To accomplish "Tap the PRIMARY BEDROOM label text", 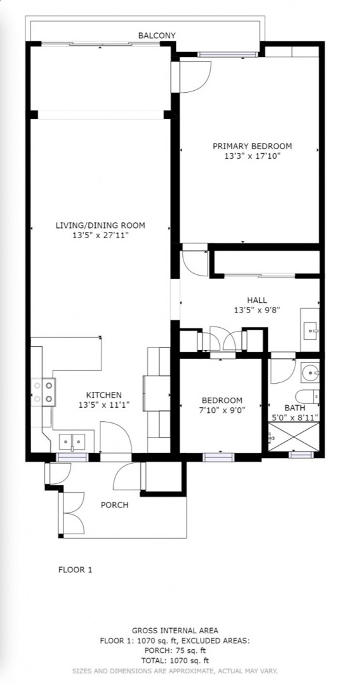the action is pyautogui.click(x=252, y=146).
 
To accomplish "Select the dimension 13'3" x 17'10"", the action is pyautogui.click(x=252, y=156).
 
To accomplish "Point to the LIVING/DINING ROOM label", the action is pyautogui.click(x=100, y=225).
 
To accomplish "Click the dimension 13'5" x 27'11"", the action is pyautogui.click(x=100, y=236).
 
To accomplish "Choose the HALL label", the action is pyautogui.click(x=257, y=300).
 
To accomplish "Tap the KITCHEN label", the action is pyautogui.click(x=103, y=395).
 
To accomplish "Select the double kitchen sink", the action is pyautogui.click(x=72, y=441).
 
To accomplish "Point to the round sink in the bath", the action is pyautogui.click(x=312, y=373).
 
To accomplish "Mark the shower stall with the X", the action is pyautogui.click(x=293, y=436).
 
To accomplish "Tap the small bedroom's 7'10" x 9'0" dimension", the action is pyautogui.click(x=222, y=410).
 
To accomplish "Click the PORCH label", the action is pyautogui.click(x=115, y=506).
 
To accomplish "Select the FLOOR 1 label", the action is pyautogui.click(x=75, y=570).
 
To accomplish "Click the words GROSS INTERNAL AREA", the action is pyautogui.click(x=175, y=631).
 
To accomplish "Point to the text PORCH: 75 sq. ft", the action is pyautogui.click(x=175, y=650).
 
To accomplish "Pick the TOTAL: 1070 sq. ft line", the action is pyautogui.click(x=175, y=661).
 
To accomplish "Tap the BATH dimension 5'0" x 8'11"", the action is pyautogui.click(x=295, y=417).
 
